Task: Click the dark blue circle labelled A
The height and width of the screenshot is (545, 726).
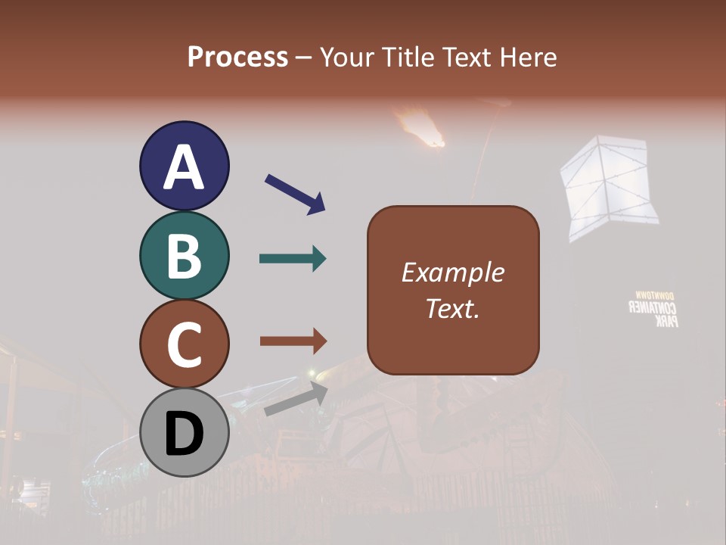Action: pyautogui.click(x=184, y=166)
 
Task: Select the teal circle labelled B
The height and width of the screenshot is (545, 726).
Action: pyautogui.click(x=184, y=255)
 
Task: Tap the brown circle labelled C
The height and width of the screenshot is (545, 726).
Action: pyautogui.click(x=184, y=344)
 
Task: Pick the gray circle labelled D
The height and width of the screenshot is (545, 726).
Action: pyautogui.click(x=184, y=432)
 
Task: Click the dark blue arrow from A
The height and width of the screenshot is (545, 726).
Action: pyautogui.click(x=295, y=194)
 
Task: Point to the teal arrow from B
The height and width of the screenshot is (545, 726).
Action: pyautogui.click(x=293, y=259)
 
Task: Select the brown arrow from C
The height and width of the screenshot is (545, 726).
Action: pyautogui.click(x=293, y=341)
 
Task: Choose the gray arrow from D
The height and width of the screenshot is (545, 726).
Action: pyautogui.click(x=296, y=400)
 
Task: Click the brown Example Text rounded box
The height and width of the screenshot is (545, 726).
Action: pyautogui.click(x=453, y=290)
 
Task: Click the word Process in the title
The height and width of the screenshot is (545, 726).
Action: pyautogui.click(x=237, y=57)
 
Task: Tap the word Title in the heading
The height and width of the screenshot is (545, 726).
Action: pyautogui.click(x=408, y=57)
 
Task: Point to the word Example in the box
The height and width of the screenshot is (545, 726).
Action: pyautogui.click(x=453, y=272)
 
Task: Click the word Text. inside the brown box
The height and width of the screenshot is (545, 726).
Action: pyautogui.click(x=453, y=308)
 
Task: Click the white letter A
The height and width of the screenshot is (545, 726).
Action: pyautogui.click(x=184, y=167)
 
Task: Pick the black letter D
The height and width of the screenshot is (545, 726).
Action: pyautogui.click(x=184, y=434)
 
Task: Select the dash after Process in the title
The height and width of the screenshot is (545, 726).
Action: pyautogui.click(x=304, y=58)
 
